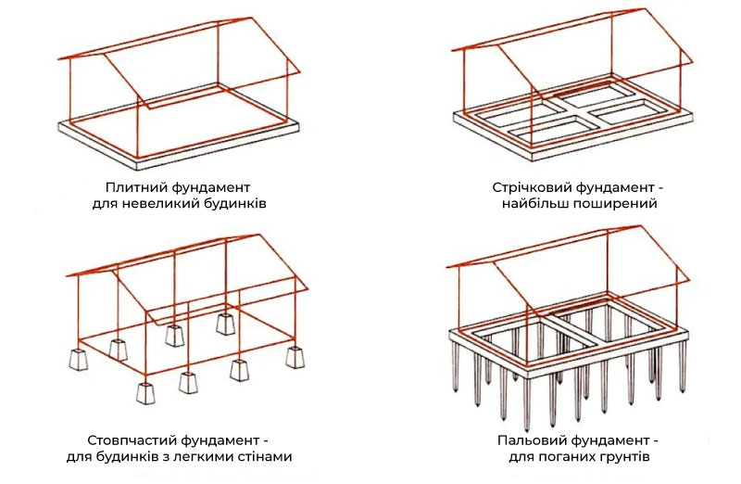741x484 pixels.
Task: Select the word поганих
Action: coord(571,457)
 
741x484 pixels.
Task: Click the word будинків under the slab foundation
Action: coord(234,204)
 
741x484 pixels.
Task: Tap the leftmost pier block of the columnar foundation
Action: coord(78,359)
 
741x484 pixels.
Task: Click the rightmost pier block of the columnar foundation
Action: coord(295,357)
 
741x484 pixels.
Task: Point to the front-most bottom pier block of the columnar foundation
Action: coord(146,392)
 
